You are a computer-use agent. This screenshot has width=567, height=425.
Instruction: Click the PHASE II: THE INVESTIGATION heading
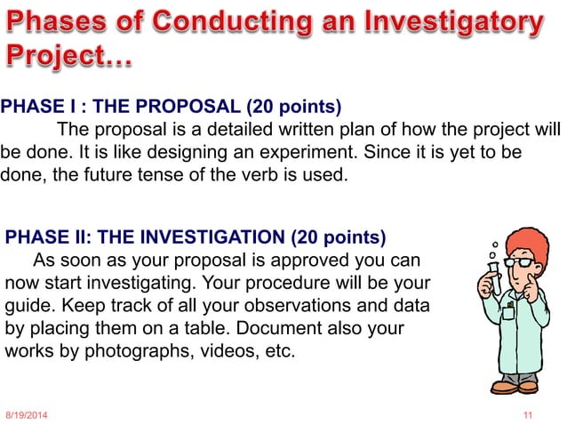[x=196, y=237]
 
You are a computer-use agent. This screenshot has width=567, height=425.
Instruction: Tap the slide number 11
[x=529, y=416]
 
